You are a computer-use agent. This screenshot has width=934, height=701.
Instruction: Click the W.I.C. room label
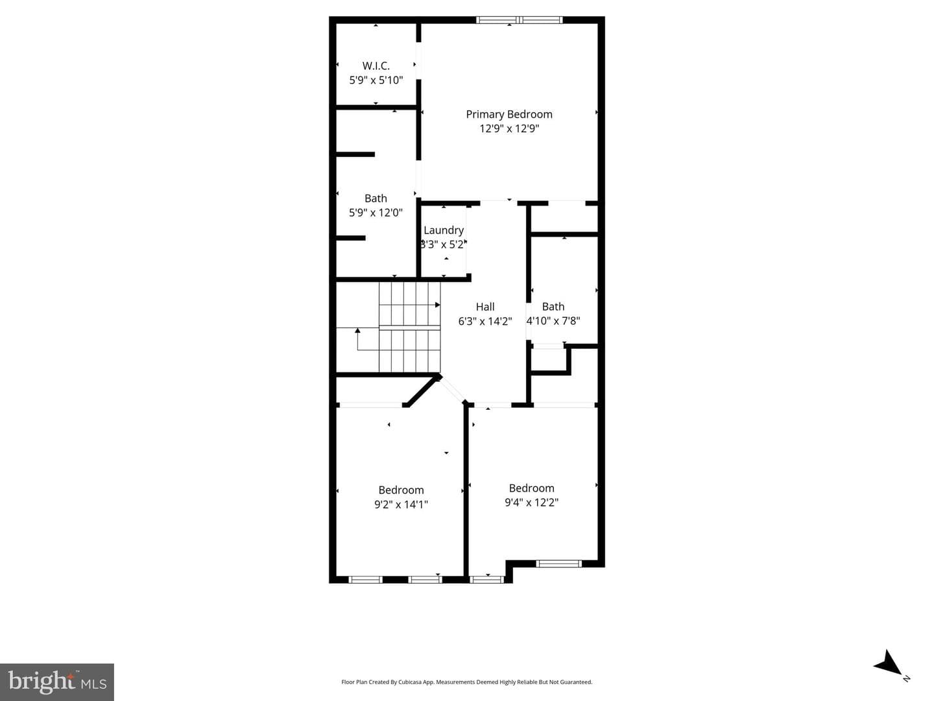point(376,66)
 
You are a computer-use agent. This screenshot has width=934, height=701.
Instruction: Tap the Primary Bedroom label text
point(509,114)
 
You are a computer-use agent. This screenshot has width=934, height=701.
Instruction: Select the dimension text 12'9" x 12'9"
point(509,128)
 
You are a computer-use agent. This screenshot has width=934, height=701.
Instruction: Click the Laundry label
point(444,231)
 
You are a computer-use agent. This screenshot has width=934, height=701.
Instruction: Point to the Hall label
point(485,307)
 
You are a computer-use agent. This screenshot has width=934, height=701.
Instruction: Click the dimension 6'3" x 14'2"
point(485,321)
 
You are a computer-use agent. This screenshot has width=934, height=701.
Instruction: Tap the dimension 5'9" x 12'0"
point(376,213)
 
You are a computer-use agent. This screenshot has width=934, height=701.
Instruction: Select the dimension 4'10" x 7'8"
point(553,321)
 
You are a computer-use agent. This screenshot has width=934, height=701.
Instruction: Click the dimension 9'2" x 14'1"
point(401,505)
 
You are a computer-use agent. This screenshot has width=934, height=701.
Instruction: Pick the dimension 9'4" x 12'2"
point(531,503)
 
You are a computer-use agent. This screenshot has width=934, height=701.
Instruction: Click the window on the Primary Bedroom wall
point(519,19)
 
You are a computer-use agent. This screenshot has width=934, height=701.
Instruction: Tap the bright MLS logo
point(57,682)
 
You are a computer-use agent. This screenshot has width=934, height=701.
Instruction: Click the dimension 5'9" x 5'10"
point(376,80)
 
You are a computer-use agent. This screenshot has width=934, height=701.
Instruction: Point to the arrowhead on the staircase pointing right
point(437,305)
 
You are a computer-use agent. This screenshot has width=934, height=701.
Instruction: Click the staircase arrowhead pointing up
point(357,330)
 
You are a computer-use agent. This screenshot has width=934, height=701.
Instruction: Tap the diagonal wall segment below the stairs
point(422,391)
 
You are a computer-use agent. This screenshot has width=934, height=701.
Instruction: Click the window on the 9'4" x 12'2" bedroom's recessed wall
point(558,564)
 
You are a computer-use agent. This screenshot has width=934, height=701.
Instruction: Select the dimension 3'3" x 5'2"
point(444,244)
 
